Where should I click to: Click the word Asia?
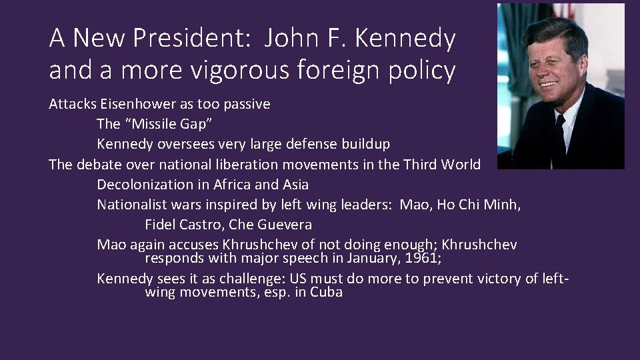[x=294, y=184]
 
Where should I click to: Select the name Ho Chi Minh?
[x=478, y=204]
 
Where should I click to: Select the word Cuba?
[x=326, y=291]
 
